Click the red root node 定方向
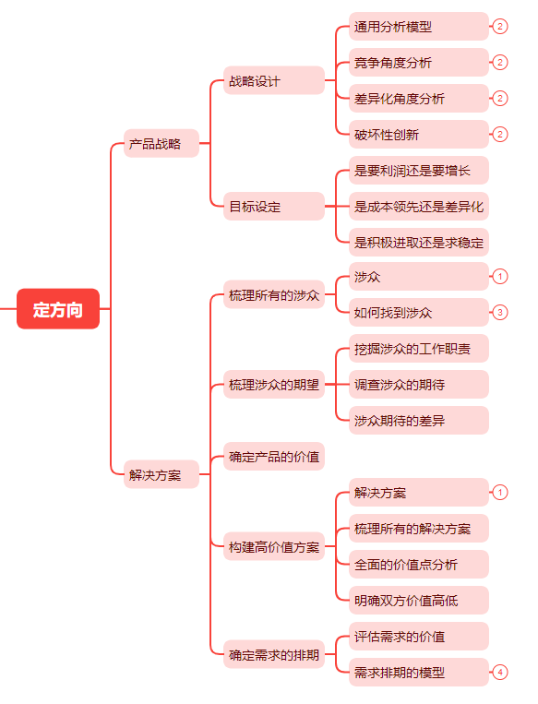(x=57, y=309)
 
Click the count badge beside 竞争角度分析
(x=500, y=63)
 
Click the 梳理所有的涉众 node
(x=273, y=295)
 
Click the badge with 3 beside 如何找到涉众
(x=500, y=313)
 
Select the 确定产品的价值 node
(x=273, y=456)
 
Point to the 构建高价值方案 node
(x=273, y=546)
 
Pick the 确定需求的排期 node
(x=273, y=654)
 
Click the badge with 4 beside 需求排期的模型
(x=500, y=673)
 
